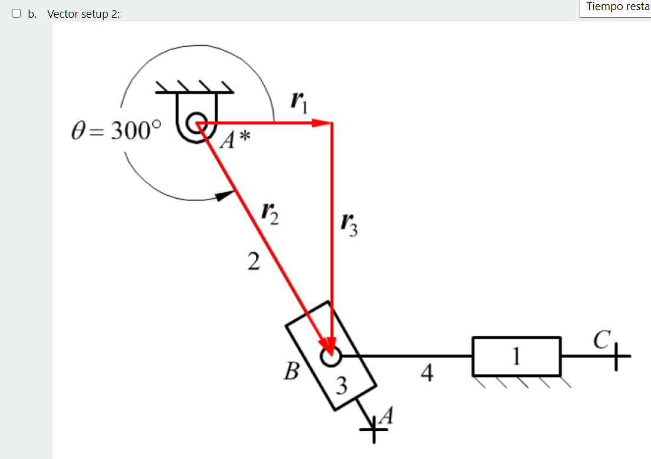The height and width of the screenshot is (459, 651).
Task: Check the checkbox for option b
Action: pyautogui.click(x=16, y=13)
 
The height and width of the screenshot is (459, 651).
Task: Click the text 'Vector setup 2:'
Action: pyautogui.click(x=83, y=14)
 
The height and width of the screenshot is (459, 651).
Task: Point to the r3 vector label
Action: pyautogui.click(x=348, y=223)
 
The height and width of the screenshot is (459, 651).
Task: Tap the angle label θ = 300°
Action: pyautogui.click(x=115, y=131)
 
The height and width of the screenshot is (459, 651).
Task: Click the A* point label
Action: pyautogui.click(x=235, y=140)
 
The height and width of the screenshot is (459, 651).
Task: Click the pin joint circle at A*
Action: pyautogui.click(x=194, y=123)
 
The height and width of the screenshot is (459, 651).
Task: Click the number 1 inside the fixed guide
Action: pyautogui.click(x=517, y=356)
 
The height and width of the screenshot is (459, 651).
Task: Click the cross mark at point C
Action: pyautogui.click(x=617, y=356)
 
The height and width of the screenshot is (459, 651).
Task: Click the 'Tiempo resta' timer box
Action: pyautogui.click(x=615, y=7)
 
